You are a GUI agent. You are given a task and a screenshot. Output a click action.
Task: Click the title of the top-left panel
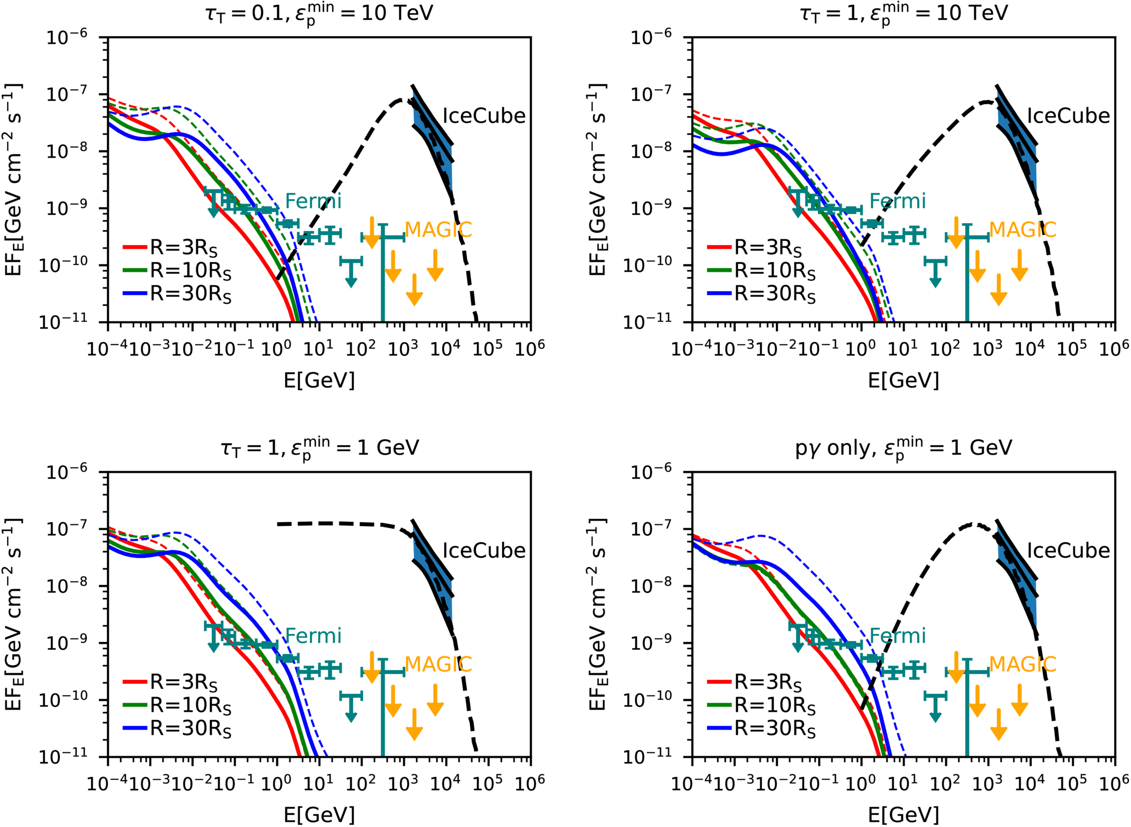click(x=319, y=13)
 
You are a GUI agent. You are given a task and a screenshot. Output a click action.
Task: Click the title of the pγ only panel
click(x=903, y=448)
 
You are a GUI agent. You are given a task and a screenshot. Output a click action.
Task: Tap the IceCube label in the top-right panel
click(x=1068, y=116)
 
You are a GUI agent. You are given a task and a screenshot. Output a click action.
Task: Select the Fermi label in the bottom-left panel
click(x=313, y=636)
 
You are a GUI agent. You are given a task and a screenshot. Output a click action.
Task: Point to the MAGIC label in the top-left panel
click(x=438, y=230)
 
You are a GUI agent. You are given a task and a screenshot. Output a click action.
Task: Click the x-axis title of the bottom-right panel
click(x=903, y=815)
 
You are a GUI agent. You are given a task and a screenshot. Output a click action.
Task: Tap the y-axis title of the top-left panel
click(x=13, y=179)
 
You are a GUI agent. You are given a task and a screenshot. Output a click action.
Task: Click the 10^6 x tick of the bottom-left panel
click(x=530, y=783)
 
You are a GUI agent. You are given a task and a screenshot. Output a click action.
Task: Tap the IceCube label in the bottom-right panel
click(x=1068, y=551)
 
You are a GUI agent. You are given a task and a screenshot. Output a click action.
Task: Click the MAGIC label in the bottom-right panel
click(x=1022, y=664)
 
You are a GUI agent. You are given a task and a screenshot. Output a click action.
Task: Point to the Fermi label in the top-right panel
click(x=897, y=201)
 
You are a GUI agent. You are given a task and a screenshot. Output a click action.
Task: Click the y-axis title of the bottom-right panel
click(x=598, y=614)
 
